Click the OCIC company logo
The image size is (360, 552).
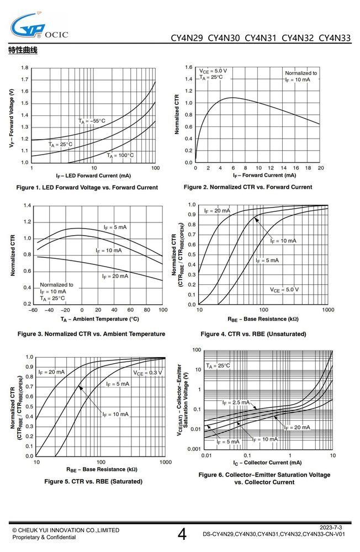pos(39,25)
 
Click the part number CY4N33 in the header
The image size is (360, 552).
pos(335,38)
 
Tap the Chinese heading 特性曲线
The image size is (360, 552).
pos(23,50)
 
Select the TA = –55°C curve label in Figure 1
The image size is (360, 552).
pos(92,121)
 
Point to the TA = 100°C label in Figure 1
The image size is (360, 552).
pos(120,155)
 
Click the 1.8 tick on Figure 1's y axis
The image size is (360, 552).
pos(25,67)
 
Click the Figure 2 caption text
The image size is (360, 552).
pos(247,187)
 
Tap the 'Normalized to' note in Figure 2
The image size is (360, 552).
pos(301,73)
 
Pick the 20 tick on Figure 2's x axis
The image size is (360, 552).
pos(321,168)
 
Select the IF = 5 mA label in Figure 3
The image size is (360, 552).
pos(115,227)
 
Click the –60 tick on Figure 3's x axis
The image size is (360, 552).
pos(33,310)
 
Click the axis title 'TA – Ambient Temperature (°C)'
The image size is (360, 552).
pos(100,319)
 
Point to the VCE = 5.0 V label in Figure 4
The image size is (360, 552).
pos(284,290)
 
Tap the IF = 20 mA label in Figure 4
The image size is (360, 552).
pos(217,211)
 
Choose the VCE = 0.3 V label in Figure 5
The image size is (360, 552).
pos(147,373)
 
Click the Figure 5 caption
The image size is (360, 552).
pos(93,481)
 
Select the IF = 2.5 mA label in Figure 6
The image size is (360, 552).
pos(236,402)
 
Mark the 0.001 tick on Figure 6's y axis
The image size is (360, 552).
pos(194,449)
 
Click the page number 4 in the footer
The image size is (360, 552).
pos(182,534)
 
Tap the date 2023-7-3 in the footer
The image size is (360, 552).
pos(331,527)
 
